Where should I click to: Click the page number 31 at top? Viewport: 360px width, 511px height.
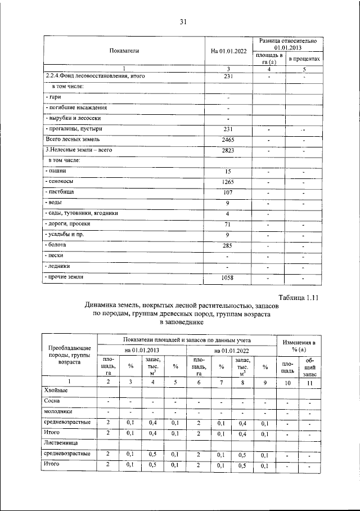[x=183, y=22]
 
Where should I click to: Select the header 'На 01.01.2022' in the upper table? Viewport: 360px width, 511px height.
[x=228, y=51]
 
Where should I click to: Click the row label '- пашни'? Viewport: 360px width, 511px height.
[x=56, y=171]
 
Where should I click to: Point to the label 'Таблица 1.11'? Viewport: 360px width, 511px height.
[x=299, y=298]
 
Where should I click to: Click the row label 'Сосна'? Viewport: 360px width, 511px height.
[x=52, y=401]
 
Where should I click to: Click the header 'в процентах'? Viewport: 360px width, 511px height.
[x=304, y=59]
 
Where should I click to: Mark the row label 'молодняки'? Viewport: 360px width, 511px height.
[x=60, y=411]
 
